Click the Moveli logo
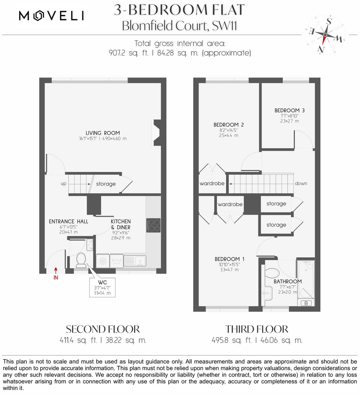click(x=51, y=15)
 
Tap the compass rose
click(x=325, y=35)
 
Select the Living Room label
click(x=103, y=133)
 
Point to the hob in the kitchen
click(x=153, y=225)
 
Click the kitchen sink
click(x=135, y=260)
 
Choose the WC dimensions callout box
click(x=102, y=288)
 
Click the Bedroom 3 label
click(x=289, y=110)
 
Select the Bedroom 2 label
click(x=229, y=125)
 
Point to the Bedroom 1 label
click(x=229, y=259)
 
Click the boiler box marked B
click(x=306, y=303)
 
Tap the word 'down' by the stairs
click(x=301, y=184)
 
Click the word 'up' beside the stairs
click(x=63, y=184)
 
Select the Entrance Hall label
click(x=69, y=221)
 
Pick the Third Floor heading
click(x=257, y=329)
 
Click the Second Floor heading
click(x=103, y=329)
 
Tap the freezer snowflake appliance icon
click(x=102, y=261)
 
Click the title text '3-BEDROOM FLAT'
click(x=179, y=10)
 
